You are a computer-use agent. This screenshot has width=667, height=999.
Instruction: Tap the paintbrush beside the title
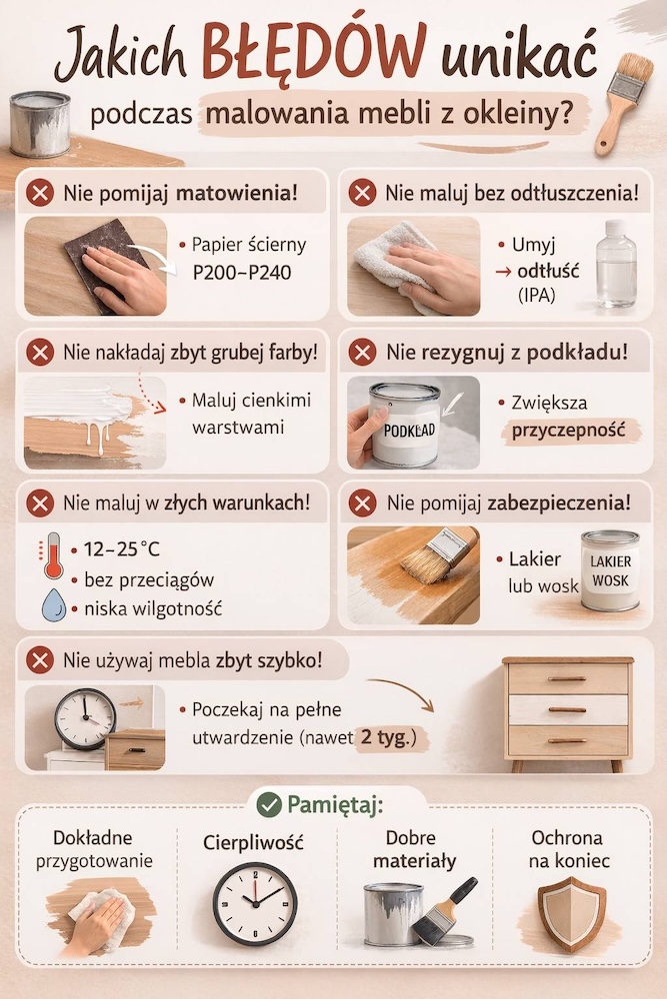point(623,100)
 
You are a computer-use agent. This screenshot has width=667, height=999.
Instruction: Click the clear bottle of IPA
point(615,265)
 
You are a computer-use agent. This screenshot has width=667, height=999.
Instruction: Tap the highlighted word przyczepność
point(570,431)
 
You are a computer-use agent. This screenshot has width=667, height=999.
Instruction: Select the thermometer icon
point(52,556)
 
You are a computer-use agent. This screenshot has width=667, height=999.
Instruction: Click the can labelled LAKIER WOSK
point(610,570)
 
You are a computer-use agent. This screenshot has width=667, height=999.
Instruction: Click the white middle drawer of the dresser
point(567,710)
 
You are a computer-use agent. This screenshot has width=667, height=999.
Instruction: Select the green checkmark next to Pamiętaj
point(268,804)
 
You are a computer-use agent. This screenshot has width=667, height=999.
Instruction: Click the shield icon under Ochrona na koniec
point(571,914)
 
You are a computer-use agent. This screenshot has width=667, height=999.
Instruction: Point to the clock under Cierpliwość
point(254,904)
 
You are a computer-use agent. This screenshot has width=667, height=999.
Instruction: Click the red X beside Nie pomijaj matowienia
point(40,192)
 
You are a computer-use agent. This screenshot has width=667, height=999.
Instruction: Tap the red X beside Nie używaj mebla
point(40,660)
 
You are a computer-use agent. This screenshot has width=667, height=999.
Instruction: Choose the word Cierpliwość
point(255,843)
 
